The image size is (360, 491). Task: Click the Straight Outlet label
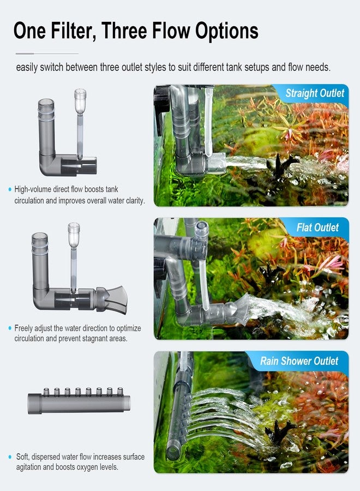pos(315,93)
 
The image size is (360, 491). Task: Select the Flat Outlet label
pos(319,227)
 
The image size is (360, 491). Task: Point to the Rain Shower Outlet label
pos(299,361)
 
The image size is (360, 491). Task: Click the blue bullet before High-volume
pos(10,190)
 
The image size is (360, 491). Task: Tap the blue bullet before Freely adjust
pos(10,328)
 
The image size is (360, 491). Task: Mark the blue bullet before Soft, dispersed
pos(10,457)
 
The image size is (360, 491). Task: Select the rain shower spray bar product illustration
pos(80,402)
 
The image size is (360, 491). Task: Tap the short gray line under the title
pos(47,53)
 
